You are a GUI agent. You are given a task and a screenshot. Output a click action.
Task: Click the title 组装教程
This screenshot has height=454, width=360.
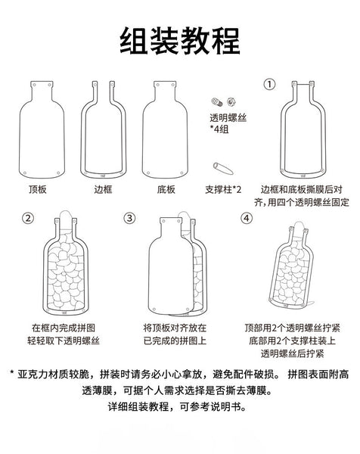click(x=180, y=41)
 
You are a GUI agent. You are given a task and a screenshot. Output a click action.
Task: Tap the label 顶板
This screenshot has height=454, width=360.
click(x=38, y=188)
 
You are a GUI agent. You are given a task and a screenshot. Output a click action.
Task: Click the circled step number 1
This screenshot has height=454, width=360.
click(x=269, y=84)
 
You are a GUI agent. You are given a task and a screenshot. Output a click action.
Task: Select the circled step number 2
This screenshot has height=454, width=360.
click(x=29, y=219)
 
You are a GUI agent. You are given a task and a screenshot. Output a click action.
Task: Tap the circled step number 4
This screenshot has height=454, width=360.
click(x=246, y=219)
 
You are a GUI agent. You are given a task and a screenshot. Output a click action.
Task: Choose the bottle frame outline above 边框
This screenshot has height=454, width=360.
click(x=104, y=125)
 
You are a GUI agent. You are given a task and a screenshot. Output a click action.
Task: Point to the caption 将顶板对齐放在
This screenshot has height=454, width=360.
click(x=174, y=328)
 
